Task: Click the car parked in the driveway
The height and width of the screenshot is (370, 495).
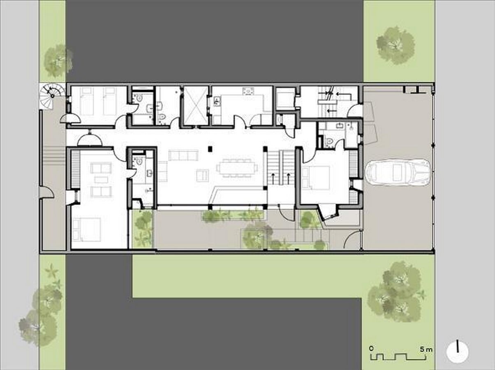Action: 398,173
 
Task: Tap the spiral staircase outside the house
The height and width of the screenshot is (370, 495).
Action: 52,95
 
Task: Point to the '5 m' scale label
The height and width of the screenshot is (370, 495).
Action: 426,349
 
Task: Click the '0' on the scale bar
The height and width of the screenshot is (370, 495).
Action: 371,348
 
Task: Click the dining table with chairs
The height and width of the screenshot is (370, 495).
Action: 237,167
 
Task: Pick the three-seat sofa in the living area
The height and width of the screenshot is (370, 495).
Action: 183,155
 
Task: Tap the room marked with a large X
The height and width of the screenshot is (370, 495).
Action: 196,105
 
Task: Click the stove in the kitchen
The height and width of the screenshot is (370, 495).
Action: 248,91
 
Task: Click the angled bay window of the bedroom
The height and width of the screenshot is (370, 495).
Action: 328,213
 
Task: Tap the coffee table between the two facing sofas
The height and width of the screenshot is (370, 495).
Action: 101,180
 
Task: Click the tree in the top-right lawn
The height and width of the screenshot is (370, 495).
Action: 396,45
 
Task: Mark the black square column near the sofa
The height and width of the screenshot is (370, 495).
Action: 210,149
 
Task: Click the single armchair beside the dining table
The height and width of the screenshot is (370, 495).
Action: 202,176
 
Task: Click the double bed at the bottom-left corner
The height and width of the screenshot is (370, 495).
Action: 87,229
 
